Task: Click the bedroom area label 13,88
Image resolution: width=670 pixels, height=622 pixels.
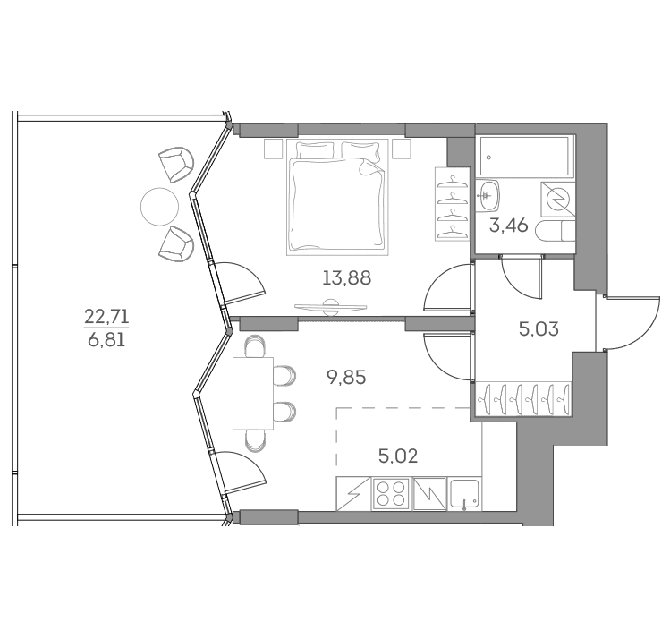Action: pos(346,278)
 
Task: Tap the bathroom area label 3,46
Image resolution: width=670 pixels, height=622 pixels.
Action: pos(508,226)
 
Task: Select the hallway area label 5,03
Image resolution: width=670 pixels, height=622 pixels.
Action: pos(539,329)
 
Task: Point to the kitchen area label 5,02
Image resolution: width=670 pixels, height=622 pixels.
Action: pos(398,456)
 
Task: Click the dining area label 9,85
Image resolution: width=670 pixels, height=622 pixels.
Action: pos(346,378)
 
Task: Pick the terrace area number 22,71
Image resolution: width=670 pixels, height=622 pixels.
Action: pos(106,317)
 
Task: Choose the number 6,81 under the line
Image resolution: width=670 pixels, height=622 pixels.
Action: pos(106,341)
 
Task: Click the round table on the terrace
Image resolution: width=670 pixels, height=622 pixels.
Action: pos(159,207)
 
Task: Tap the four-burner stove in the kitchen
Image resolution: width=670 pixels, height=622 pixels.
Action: pos(392,494)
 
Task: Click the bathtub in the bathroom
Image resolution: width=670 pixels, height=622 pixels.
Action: pos(524,156)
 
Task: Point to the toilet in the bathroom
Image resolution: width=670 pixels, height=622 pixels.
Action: pos(555,232)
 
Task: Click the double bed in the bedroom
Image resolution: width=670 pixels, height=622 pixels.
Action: pos(337,197)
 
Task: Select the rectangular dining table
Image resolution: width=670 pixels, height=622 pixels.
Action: pos(253,393)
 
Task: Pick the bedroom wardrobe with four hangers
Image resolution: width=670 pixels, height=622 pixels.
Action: pos(453,204)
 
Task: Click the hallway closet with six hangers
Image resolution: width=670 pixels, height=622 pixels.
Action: pos(525,398)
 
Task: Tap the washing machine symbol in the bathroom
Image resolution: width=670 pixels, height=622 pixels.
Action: pos(558,200)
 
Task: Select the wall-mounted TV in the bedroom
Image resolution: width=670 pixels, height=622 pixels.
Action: pos(331,307)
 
